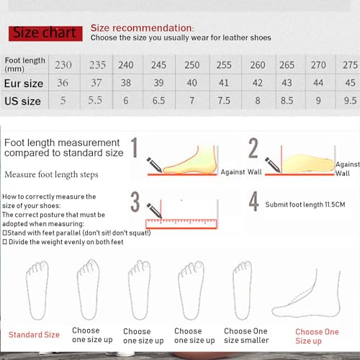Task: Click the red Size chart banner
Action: coord(45,33)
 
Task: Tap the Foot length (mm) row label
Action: coord(24,64)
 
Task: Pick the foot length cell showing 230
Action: coord(64,65)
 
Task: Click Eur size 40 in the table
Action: coord(191,84)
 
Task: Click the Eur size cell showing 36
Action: coord(64,84)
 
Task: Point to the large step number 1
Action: coord(134,149)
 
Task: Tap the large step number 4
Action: coord(253,202)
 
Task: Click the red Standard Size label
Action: coord(34,335)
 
